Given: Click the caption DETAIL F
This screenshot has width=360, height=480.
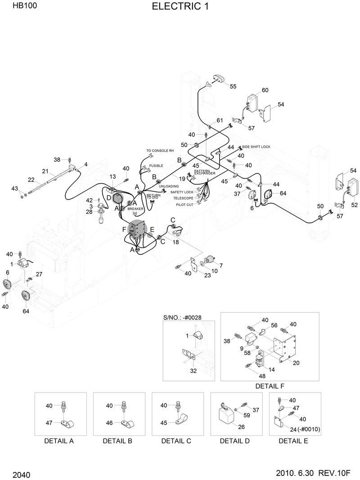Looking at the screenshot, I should click(x=270, y=386).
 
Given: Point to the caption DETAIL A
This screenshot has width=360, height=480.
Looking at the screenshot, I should click(x=59, y=441).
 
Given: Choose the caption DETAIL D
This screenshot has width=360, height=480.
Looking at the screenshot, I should click(x=234, y=441).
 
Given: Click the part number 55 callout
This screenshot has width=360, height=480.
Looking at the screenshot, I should click(x=233, y=86).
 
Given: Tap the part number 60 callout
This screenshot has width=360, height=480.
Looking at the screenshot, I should click(x=265, y=90).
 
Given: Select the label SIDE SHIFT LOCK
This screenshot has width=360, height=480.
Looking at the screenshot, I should click(x=256, y=147).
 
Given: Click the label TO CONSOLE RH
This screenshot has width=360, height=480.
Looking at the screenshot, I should click(x=160, y=151).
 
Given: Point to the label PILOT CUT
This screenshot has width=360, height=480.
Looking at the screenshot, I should click(x=184, y=204).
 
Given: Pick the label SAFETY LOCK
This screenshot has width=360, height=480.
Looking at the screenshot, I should click(x=182, y=192).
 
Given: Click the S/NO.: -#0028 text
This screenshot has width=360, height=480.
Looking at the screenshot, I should click(x=182, y=317).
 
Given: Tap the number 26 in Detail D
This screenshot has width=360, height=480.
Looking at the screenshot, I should click(x=242, y=427).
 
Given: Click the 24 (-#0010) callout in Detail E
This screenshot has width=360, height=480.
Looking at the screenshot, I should click(x=305, y=430).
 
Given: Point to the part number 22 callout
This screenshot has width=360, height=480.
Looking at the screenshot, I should click(x=31, y=180).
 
